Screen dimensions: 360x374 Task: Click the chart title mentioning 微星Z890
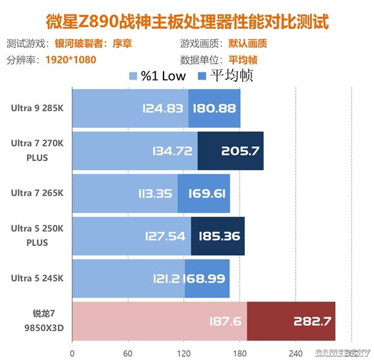(187, 23)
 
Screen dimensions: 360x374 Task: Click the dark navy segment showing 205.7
(239, 151)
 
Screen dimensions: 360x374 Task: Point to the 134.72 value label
(171, 151)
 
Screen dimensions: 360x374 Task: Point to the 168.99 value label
(208, 279)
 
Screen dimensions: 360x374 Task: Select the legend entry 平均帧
(224, 75)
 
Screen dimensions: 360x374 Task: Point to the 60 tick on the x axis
(128, 353)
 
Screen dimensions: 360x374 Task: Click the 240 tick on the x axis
(295, 353)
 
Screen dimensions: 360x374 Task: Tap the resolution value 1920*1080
(71, 60)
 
